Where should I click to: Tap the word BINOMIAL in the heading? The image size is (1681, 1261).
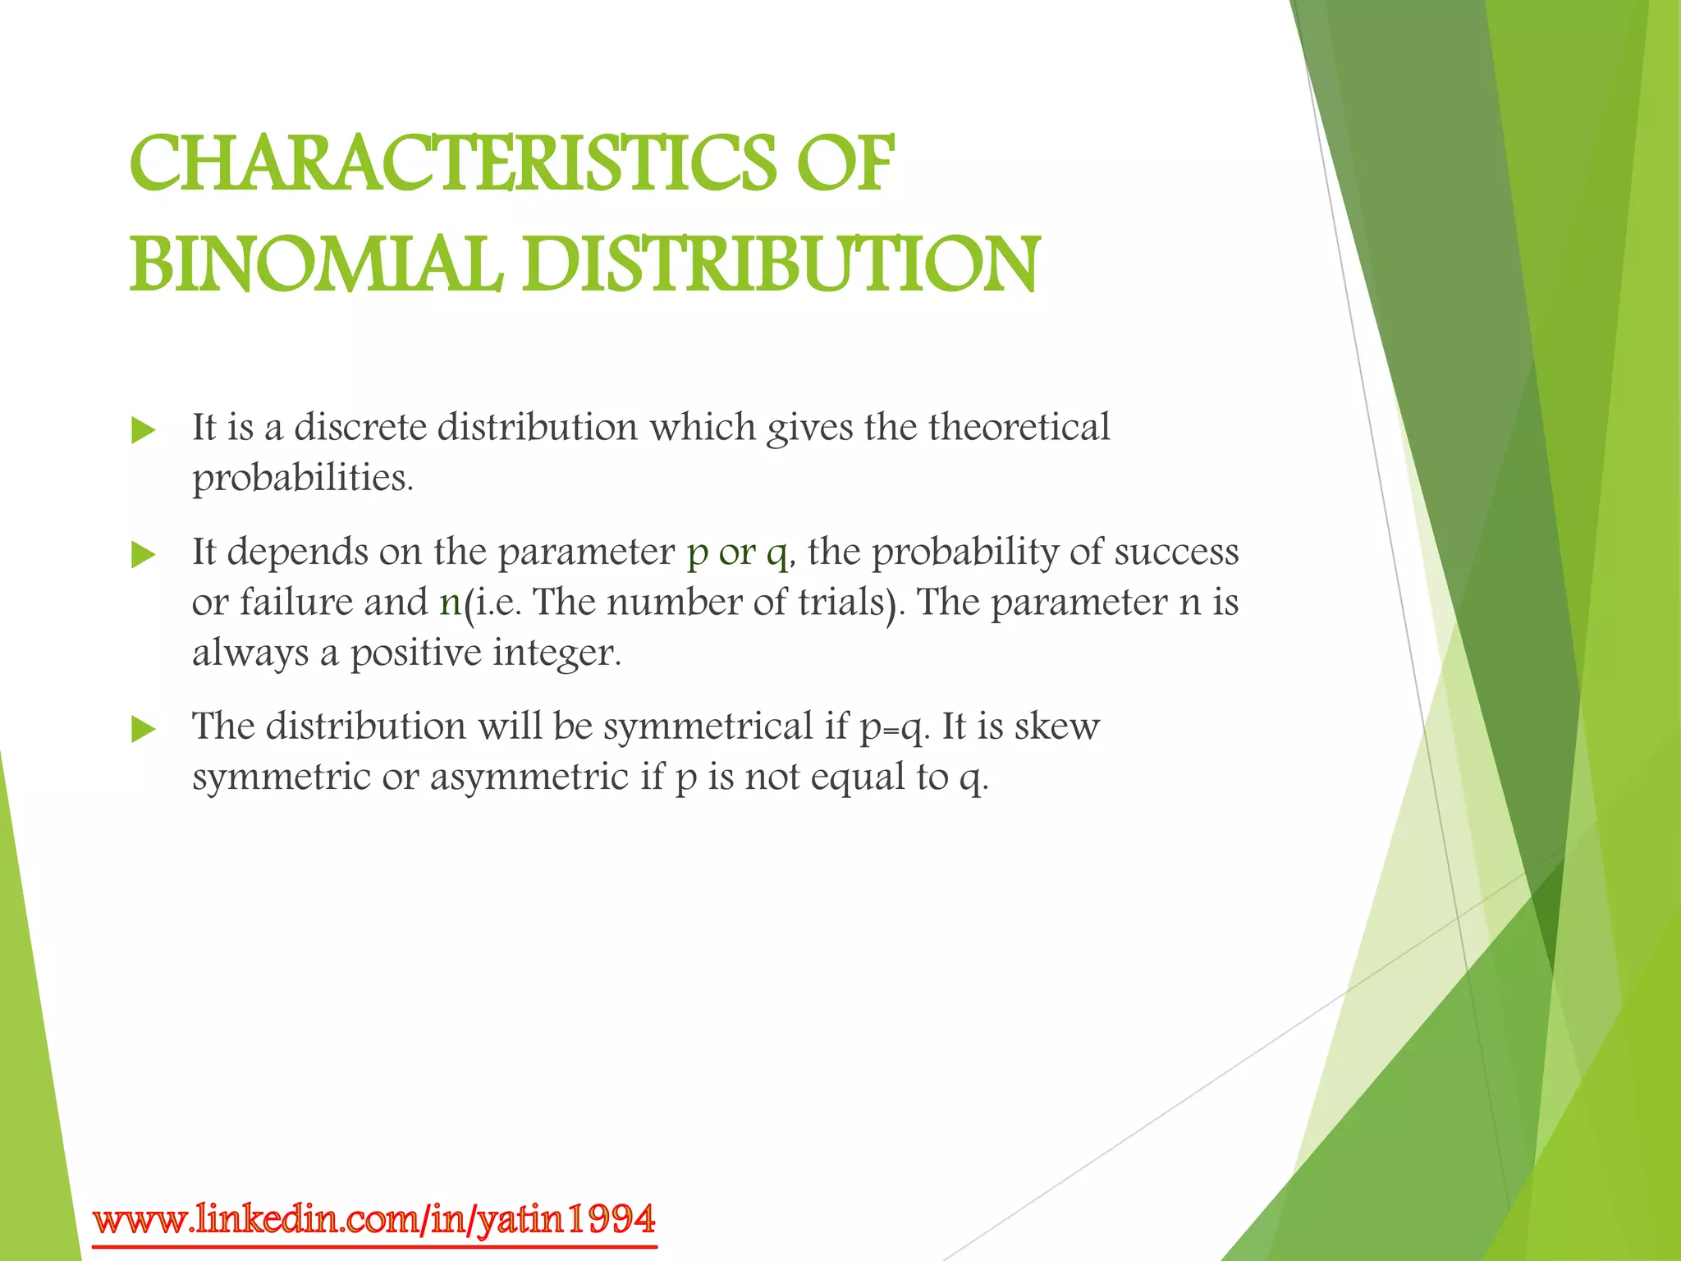pyautogui.click(x=316, y=264)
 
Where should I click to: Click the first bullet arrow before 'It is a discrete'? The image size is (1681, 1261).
pyautogui.click(x=143, y=430)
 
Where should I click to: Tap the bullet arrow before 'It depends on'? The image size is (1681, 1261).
pyautogui.click(x=143, y=555)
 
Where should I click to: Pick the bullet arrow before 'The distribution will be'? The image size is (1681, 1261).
pyautogui.click(x=143, y=729)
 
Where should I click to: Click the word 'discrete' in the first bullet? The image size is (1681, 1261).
pyautogui.click(x=360, y=428)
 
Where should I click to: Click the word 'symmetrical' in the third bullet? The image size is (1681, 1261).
pyautogui.click(x=707, y=727)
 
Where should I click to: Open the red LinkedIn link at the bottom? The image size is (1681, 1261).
pyautogui.click(x=374, y=1220)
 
